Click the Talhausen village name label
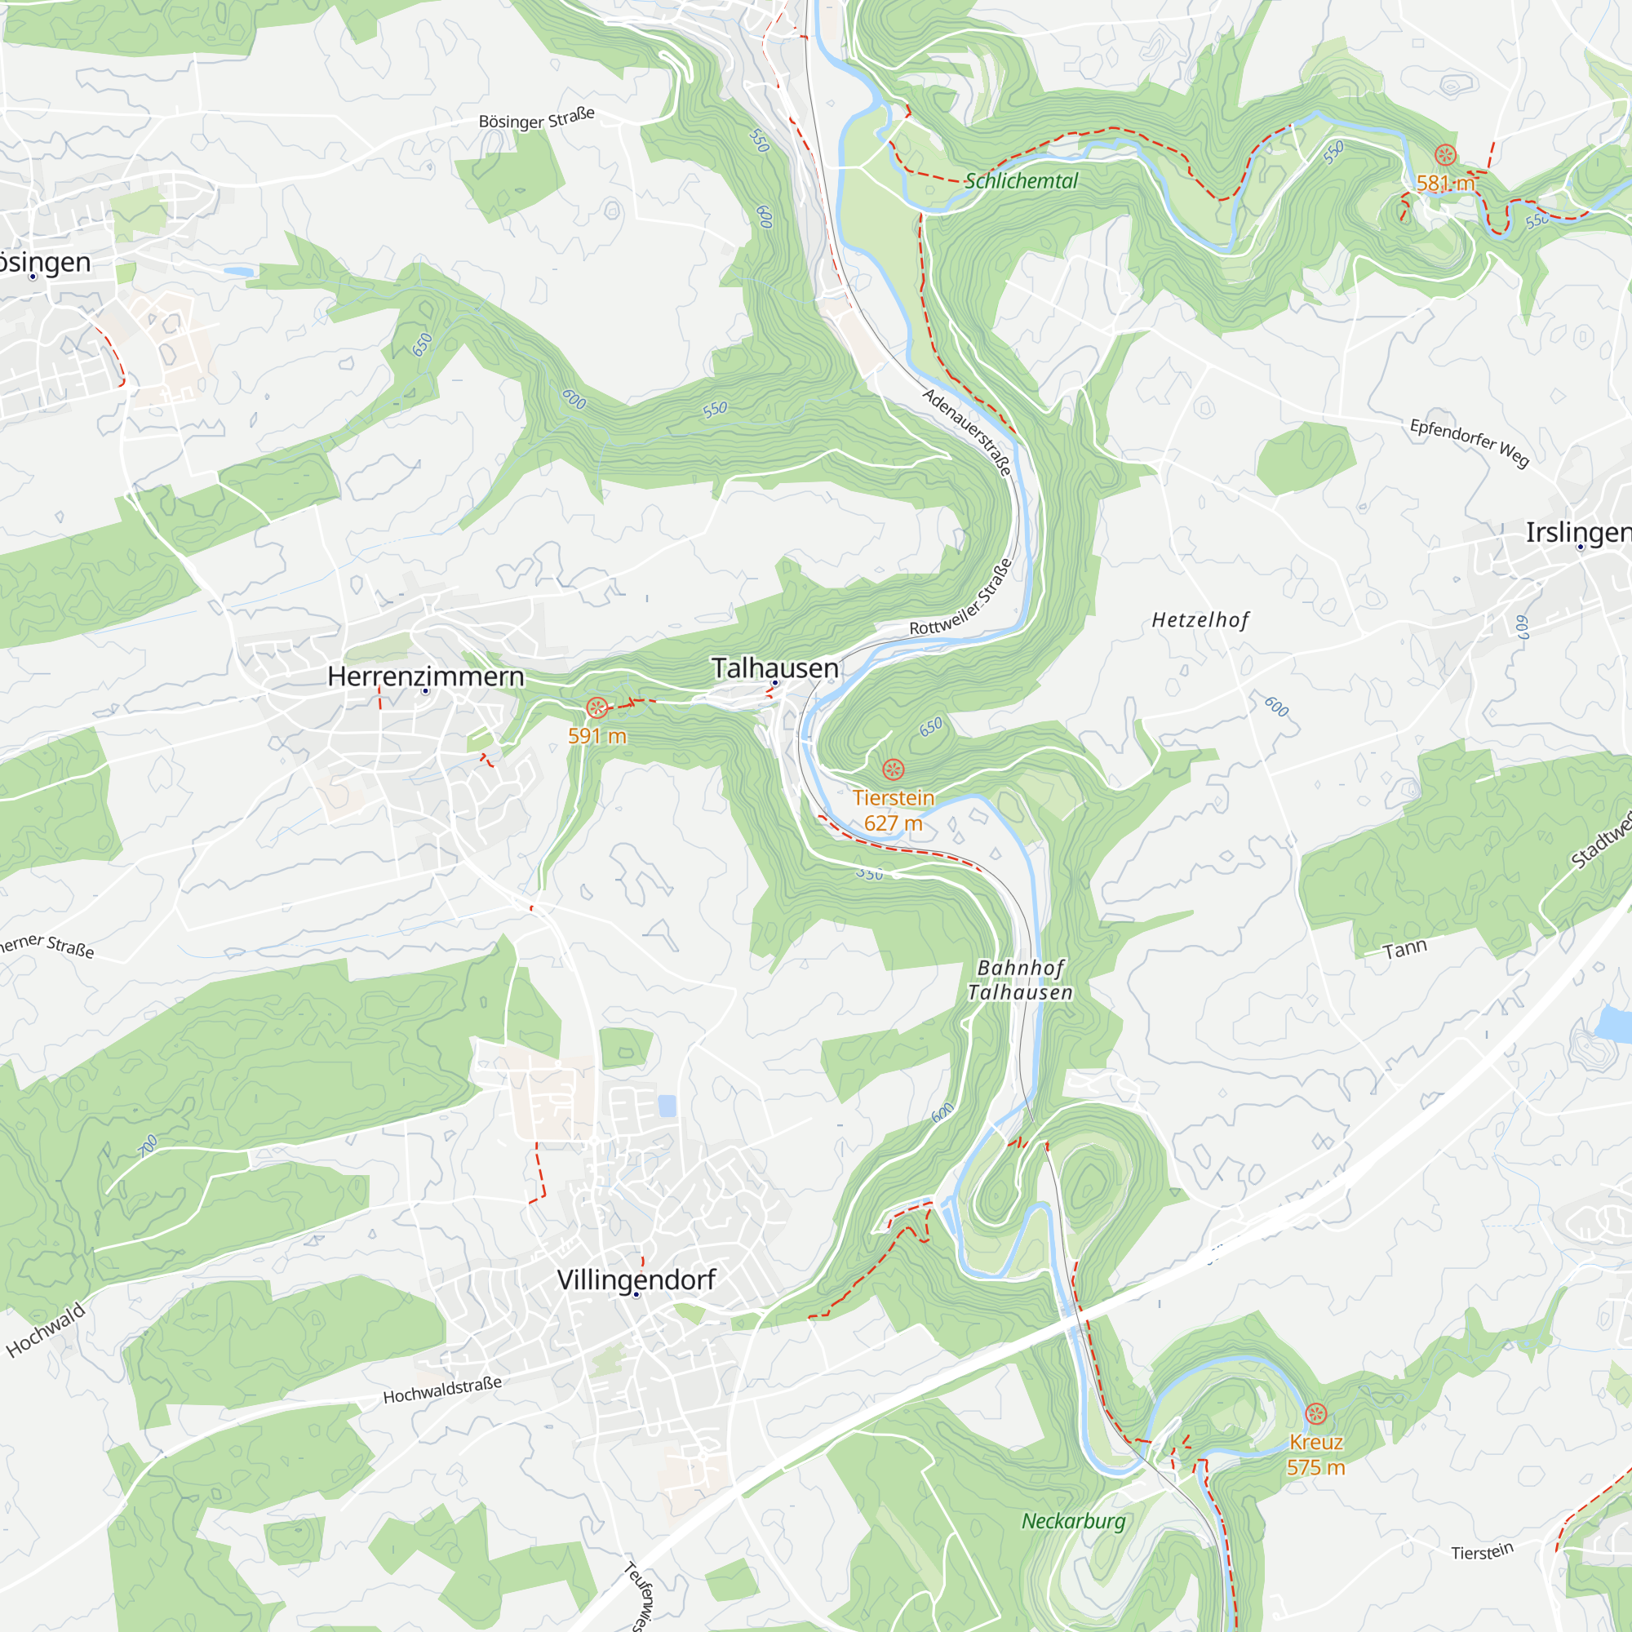[x=774, y=668]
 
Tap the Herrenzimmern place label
[x=425, y=676]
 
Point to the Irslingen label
[x=1577, y=532]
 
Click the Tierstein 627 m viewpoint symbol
[x=893, y=769]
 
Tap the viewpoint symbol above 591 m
[x=596, y=707]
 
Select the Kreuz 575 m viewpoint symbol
[x=1315, y=1413]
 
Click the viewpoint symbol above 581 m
[x=1444, y=154]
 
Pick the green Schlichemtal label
[x=1021, y=181]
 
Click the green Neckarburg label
[x=1073, y=1521]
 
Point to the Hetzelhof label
[x=1200, y=620]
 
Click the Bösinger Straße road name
[x=536, y=118]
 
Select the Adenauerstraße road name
[x=965, y=432]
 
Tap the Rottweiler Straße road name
[x=961, y=598]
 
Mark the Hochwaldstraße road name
[x=441, y=1390]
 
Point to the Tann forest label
[x=1404, y=950]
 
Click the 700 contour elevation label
[x=148, y=1145]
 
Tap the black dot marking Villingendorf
[x=636, y=1295]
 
